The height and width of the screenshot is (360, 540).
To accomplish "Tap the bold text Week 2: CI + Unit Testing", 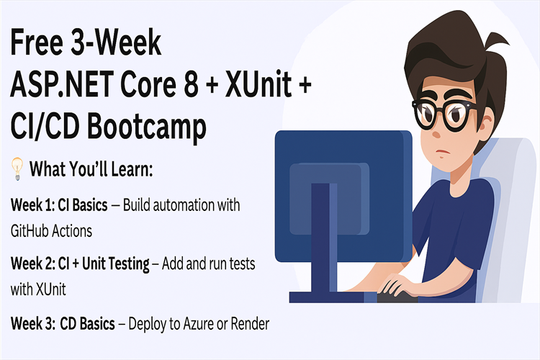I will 80,264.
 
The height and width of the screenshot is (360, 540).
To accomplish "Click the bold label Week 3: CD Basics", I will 63,324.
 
